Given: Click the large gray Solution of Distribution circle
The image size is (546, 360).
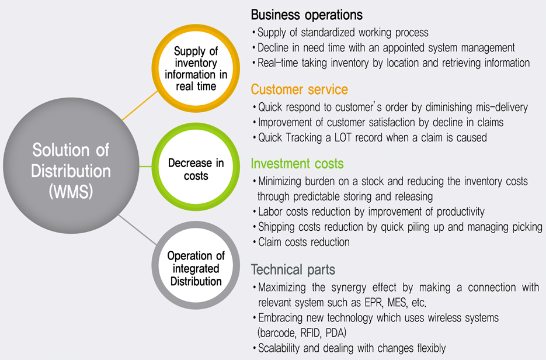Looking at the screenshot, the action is pyautogui.click(x=71, y=165).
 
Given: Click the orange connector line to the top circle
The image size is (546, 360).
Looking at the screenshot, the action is pyautogui.click(x=140, y=105).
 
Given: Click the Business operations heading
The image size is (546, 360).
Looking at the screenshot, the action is pyautogui.click(x=307, y=15).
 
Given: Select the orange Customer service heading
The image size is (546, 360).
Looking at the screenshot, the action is pyautogui.click(x=299, y=89).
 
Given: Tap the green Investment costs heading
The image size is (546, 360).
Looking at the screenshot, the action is pyautogui.click(x=297, y=164).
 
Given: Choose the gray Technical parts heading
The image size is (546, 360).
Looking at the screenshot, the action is pyautogui.click(x=293, y=269).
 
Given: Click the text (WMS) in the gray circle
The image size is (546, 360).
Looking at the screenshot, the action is pyautogui.click(x=71, y=191).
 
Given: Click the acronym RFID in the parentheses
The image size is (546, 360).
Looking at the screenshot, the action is pyautogui.click(x=310, y=333).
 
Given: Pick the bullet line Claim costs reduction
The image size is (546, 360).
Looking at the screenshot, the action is pyautogui.click(x=304, y=242).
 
